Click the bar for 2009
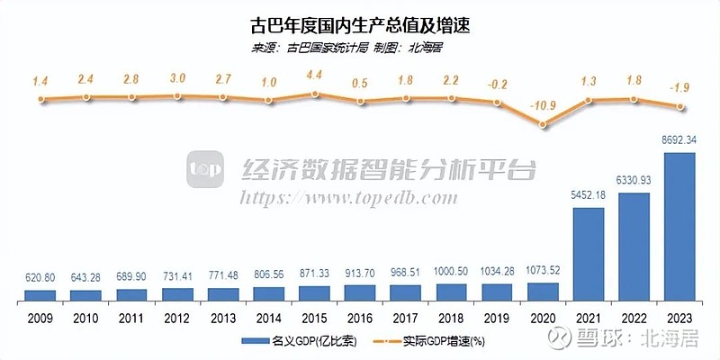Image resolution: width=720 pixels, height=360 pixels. click(x=39, y=294)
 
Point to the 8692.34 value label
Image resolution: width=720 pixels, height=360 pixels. click(x=679, y=140)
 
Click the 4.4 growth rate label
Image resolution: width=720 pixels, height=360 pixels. click(x=313, y=75)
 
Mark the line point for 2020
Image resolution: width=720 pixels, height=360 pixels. click(x=542, y=125)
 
